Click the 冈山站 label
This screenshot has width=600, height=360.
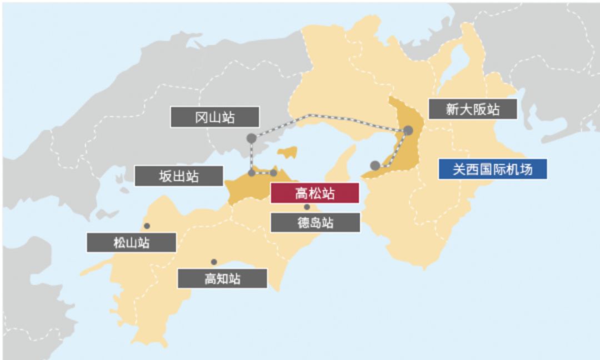(214, 117)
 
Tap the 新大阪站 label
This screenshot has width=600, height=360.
(473, 109)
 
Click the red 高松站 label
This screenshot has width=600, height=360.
(314, 193)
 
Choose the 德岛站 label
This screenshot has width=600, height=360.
(315, 222)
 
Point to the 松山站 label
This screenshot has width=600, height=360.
(131, 242)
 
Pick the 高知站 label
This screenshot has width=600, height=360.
(222, 278)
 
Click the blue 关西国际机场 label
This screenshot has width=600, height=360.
(492, 169)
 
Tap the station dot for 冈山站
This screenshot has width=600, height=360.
(252, 137)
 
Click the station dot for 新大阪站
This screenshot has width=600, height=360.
(408, 131)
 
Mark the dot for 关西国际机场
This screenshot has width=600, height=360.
(375, 165)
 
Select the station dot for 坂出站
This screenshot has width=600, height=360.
(252, 173)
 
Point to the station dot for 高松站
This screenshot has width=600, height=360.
(273, 173)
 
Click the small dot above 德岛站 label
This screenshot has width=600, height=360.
(307, 207)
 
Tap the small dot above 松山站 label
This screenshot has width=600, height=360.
(147, 226)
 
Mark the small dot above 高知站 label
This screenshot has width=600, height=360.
(214, 262)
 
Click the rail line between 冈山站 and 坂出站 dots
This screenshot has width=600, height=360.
(252, 156)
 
